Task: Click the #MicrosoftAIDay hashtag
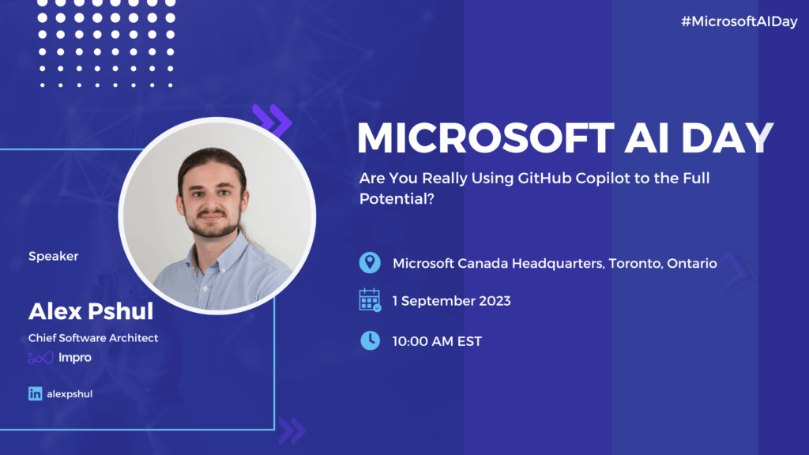739,22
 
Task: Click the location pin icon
370,263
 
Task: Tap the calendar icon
370,300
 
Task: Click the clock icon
370,340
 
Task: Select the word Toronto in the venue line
633,263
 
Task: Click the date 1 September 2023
451,300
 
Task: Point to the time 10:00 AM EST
437,341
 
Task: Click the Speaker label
54,256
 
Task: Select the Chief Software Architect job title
93,337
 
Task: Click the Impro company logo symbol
40,358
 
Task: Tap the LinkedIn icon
35,393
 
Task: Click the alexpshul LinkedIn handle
70,393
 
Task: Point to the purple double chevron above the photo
273,119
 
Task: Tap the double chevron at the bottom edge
292,430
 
